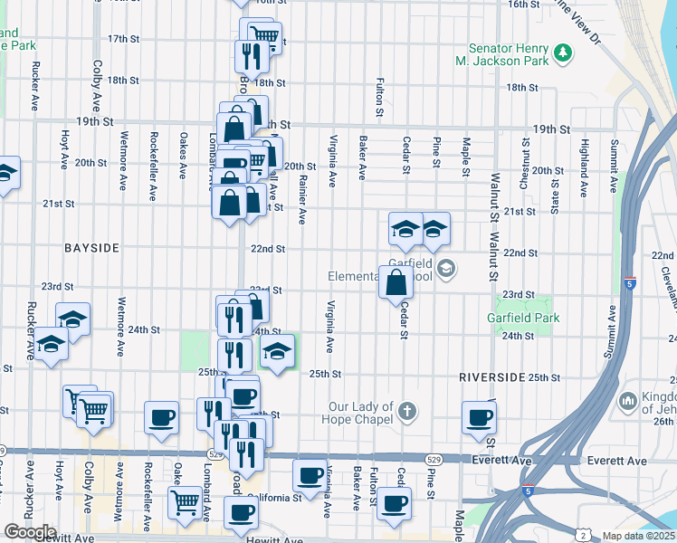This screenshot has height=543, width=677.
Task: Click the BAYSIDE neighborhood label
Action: tap(91, 247)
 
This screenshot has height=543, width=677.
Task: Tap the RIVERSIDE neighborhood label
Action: tap(492, 376)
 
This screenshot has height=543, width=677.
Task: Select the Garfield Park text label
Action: tap(524, 318)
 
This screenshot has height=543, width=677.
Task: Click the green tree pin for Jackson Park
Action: tap(563, 53)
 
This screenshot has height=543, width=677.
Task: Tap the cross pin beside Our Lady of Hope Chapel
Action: tap(407, 413)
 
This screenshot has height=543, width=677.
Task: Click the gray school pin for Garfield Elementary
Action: tap(445, 269)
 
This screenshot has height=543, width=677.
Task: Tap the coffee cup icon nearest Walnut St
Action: tap(479, 418)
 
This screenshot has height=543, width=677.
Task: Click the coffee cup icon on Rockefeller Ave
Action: tap(162, 418)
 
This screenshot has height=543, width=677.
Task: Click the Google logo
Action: tap(29, 531)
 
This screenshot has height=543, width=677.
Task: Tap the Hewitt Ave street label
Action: tap(275, 540)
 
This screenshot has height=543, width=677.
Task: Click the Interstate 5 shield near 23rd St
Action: tap(630, 282)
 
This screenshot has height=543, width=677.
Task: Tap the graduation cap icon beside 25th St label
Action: tap(279, 349)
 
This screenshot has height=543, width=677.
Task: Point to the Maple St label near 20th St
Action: tap(465, 157)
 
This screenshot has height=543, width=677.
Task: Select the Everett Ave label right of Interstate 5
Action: tap(617, 462)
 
